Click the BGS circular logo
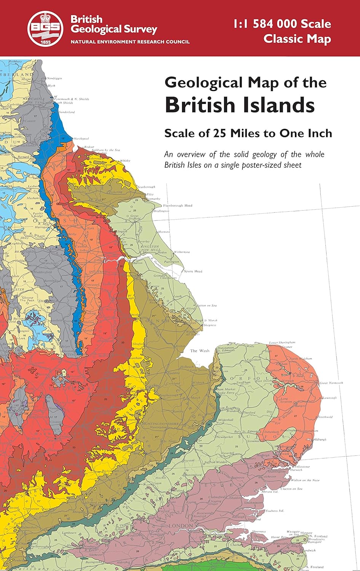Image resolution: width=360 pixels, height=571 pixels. click(x=46, y=28)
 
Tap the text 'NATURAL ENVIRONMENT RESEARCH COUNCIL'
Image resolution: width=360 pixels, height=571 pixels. click(x=130, y=41)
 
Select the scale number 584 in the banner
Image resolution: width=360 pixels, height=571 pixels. click(x=269, y=24)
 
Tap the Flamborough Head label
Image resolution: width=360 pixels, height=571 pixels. click(x=178, y=206)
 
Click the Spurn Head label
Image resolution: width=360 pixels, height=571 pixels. click(x=193, y=271)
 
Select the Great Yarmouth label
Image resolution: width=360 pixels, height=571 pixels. click(x=331, y=383)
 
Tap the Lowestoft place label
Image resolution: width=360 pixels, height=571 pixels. click(x=330, y=398)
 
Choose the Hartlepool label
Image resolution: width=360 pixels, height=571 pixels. click(x=81, y=139)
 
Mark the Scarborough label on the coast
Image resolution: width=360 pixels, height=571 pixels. click(x=147, y=187)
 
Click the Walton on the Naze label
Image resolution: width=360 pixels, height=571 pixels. click(x=305, y=480)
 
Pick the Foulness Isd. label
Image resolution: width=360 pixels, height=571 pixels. click(x=275, y=511)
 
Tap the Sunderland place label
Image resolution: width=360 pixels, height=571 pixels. click(x=67, y=112)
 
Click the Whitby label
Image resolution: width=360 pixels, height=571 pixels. click(x=125, y=161)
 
